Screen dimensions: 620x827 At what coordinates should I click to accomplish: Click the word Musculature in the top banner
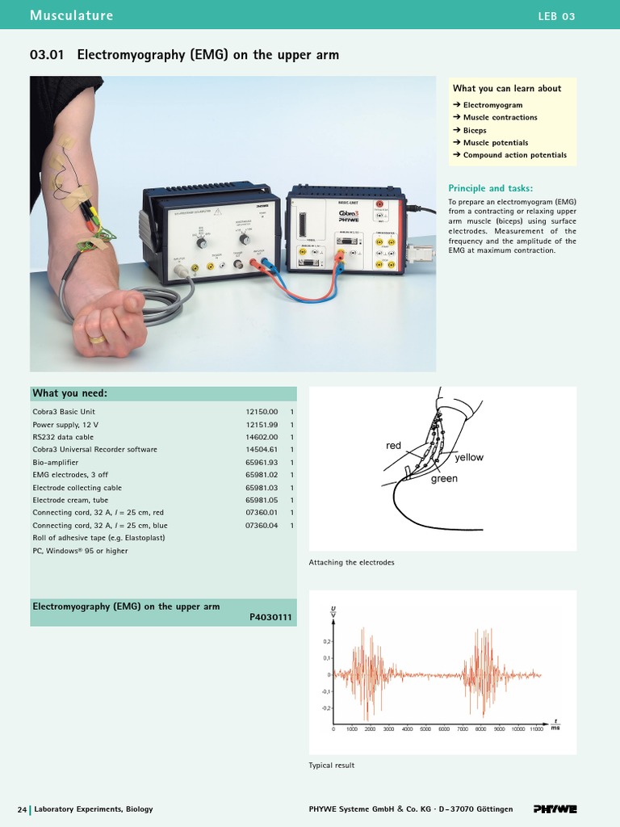click(x=71, y=15)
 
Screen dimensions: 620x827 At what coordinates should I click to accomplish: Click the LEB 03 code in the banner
click(x=556, y=16)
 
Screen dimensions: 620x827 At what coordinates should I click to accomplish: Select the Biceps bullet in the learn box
click(x=475, y=130)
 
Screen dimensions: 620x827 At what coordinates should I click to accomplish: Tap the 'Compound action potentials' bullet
click(x=514, y=155)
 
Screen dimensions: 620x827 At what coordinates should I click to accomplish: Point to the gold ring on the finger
click(x=97, y=339)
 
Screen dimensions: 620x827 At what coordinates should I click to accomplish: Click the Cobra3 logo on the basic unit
click(x=348, y=212)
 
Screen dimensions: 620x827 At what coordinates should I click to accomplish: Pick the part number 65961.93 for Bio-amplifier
click(x=262, y=462)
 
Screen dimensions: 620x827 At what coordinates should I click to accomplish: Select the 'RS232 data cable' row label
click(x=63, y=437)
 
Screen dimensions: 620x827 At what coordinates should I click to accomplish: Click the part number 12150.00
click(x=262, y=412)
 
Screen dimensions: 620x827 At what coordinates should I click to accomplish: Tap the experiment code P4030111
click(x=272, y=619)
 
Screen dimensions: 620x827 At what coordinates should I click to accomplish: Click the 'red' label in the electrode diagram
click(x=393, y=446)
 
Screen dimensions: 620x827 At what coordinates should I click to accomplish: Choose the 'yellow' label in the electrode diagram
click(x=469, y=457)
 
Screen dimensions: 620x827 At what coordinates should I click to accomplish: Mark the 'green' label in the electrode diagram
click(x=444, y=479)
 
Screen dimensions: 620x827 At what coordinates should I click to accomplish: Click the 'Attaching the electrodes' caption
click(x=351, y=562)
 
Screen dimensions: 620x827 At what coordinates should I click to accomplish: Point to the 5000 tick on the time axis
click(x=425, y=728)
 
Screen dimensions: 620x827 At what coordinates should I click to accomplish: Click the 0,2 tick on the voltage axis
click(x=327, y=641)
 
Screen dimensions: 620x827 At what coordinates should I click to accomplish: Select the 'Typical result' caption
click(x=331, y=765)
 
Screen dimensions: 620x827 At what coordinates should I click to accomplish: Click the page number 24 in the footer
click(x=23, y=808)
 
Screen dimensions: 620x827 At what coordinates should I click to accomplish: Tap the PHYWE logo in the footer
click(x=555, y=808)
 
